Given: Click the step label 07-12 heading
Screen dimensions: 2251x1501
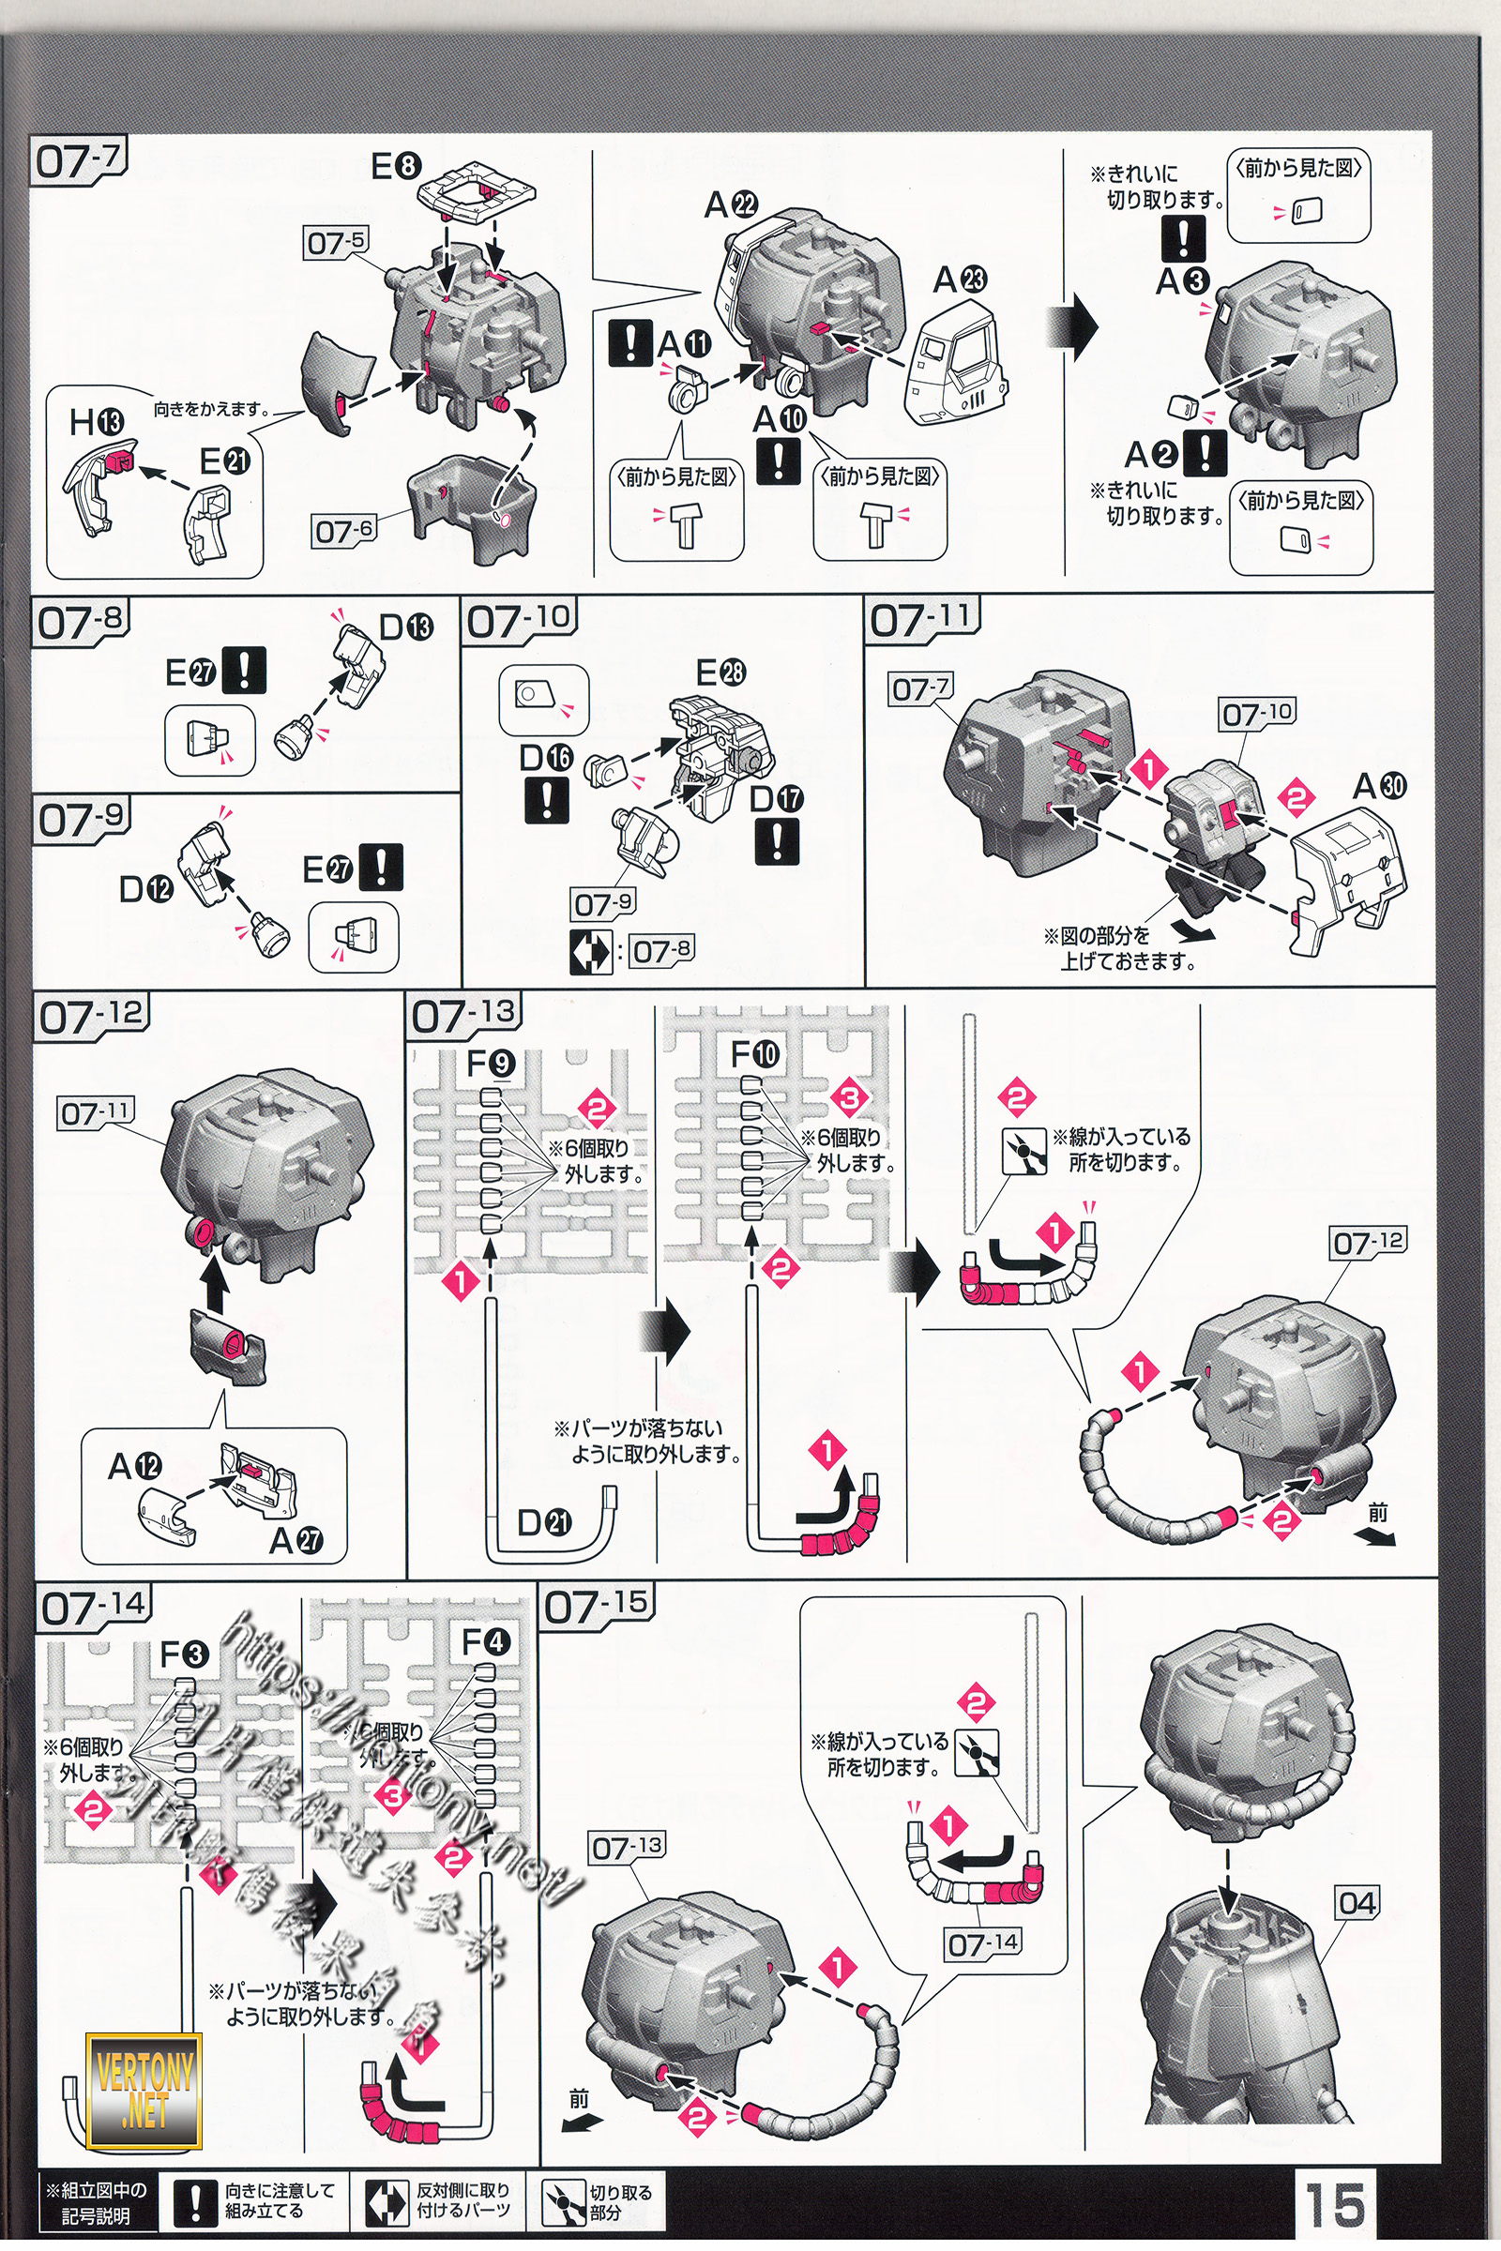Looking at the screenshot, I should (x=92, y=1018).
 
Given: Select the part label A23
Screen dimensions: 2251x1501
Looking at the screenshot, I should (x=960, y=280).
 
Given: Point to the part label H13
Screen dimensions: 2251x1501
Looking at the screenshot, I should (x=97, y=422).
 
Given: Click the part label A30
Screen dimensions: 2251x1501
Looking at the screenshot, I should (x=1379, y=787).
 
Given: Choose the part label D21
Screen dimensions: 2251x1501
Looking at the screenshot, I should (x=544, y=1521).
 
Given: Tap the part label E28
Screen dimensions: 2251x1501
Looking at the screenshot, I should (x=720, y=672).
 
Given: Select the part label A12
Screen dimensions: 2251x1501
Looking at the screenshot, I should (x=135, y=1466).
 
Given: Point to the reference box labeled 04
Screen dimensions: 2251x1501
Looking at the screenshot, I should (x=1357, y=1903).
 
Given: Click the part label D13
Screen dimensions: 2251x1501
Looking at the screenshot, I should (x=406, y=627).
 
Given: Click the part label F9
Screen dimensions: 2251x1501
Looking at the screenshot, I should (x=491, y=1064).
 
